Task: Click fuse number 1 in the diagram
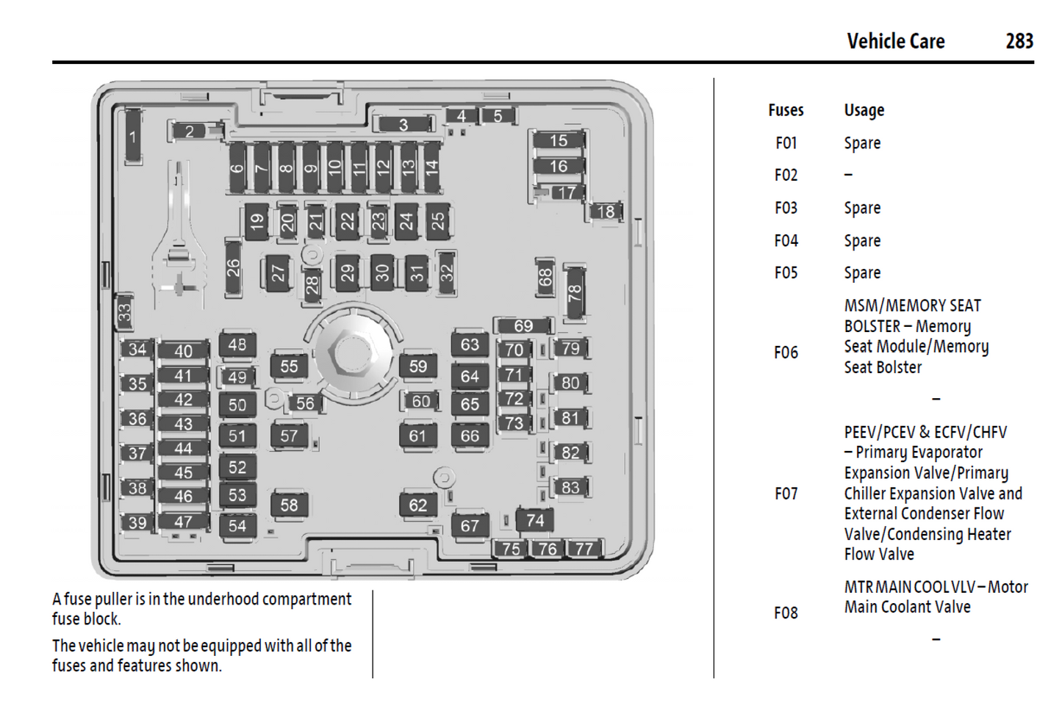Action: (x=133, y=137)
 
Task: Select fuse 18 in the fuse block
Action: (x=606, y=212)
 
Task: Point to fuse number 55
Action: (x=289, y=366)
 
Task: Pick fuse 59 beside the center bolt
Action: (x=417, y=366)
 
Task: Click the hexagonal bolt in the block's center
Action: (x=351, y=353)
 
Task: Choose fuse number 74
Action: (x=535, y=520)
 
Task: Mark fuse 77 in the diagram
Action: (x=584, y=548)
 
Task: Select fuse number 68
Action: (x=545, y=278)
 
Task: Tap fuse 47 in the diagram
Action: (x=183, y=522)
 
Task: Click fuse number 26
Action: (x=233, y=267)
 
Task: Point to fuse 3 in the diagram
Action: (x=403, y=125)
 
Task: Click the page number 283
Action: (x=1019, y=41)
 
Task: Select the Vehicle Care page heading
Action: (x=895, y=41)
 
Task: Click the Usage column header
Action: (x=864, y=110)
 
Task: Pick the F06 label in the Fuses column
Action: (x=786, y=353)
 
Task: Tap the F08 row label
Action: (x=786, y=613)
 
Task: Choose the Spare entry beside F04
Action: (x=862, y=241)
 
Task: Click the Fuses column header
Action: (x=786, y=110)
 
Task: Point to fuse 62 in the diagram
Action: (x=417, y=505)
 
